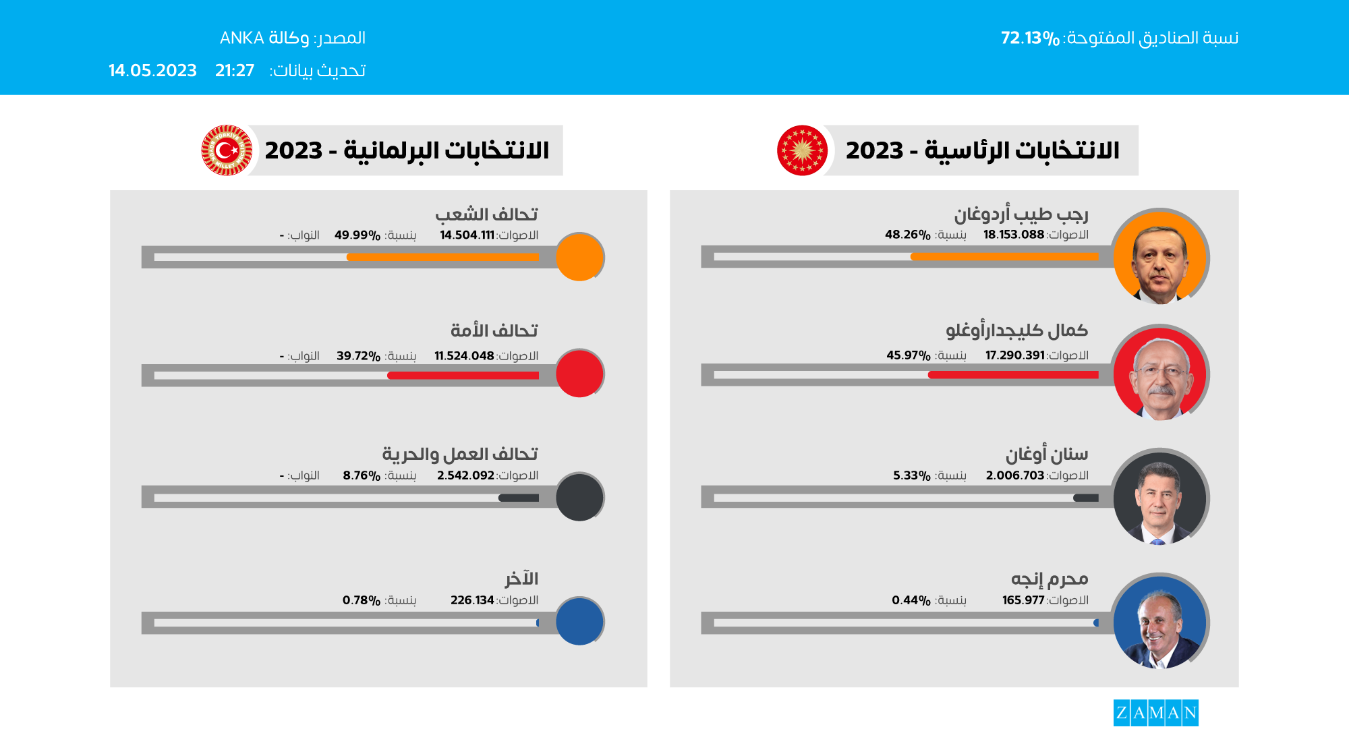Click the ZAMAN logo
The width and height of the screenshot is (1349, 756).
1155,713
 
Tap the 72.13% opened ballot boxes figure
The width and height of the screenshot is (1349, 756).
1030,38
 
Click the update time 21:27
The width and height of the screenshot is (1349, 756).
235,71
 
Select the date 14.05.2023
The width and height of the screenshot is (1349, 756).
152,71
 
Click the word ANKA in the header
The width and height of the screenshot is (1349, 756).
241,38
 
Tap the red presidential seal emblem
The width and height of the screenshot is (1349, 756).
802,150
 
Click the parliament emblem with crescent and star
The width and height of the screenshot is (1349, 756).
227,150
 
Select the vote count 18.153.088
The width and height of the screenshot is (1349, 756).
1013,235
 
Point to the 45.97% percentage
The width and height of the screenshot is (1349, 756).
908,355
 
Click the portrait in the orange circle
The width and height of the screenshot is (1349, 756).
1159,257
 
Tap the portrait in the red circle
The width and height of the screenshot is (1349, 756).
1159,374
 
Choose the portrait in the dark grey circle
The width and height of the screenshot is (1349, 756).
1159,498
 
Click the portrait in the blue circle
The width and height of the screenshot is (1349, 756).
1159,622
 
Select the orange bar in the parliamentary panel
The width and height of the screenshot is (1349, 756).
442,257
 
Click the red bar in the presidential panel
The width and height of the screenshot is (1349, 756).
1013,374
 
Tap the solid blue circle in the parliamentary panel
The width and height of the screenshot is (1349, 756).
579,621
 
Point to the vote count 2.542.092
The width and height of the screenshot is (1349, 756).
465,475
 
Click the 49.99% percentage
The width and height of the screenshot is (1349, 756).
357,235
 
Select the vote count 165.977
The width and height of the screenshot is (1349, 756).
1023,600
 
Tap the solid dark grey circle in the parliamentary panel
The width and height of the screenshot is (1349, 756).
579,497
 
